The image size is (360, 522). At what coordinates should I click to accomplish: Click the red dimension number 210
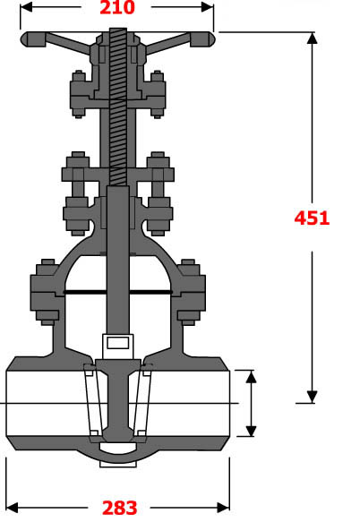[116, 9]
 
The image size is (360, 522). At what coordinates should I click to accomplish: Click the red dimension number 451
[313, 217]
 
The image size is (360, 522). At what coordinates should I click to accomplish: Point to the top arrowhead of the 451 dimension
[313, 39]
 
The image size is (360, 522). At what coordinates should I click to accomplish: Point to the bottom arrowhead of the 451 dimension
[313, 398]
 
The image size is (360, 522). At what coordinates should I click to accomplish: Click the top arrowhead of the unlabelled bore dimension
[251, 375]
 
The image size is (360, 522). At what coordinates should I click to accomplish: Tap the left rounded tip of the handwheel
[28, 39]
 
